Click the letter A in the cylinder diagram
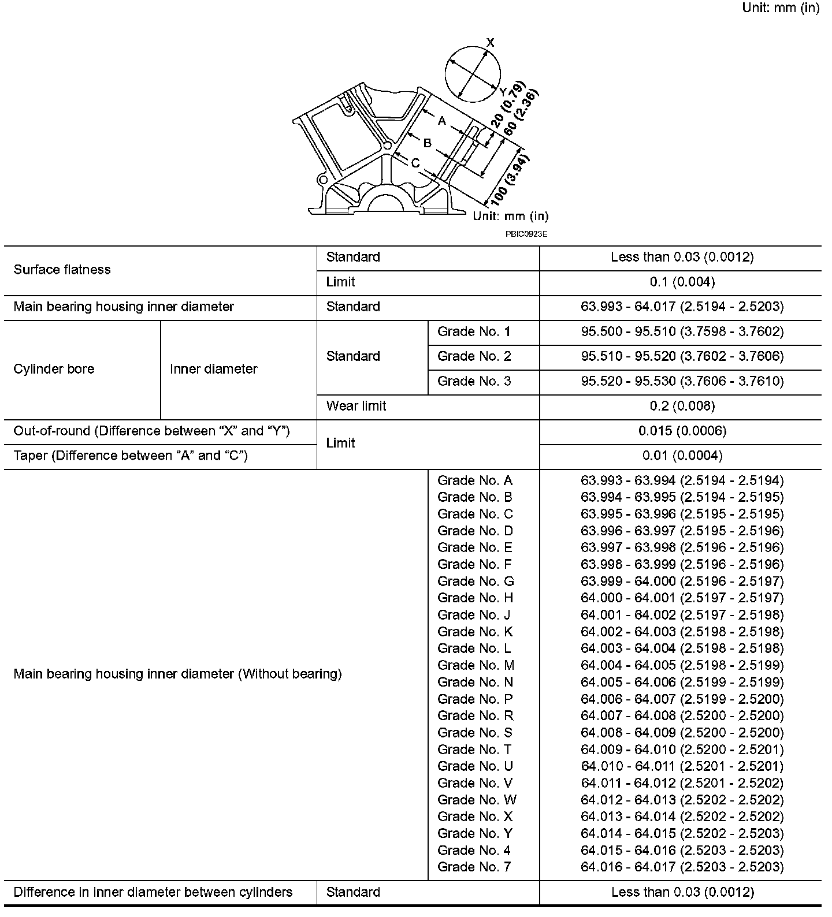pos(442,121)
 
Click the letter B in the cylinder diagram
pos(428,143)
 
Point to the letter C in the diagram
pos(415,163)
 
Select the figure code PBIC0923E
pos(526,234)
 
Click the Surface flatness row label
pos(62,270)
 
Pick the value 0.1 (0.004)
pos(682,282)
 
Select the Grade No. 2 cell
pos(474,356)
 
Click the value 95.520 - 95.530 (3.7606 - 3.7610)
pos(682,381)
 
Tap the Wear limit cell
pos(356,406)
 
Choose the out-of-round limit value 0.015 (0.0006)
pos(682,431)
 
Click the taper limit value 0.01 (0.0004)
pos(682,456)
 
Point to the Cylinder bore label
pos(54,369)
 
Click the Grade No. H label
pos(475,598)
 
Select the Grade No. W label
pos(477,800)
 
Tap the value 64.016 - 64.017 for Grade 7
pos(682,867)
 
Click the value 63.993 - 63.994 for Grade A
pos(682,480)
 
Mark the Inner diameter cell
pos(213,369)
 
